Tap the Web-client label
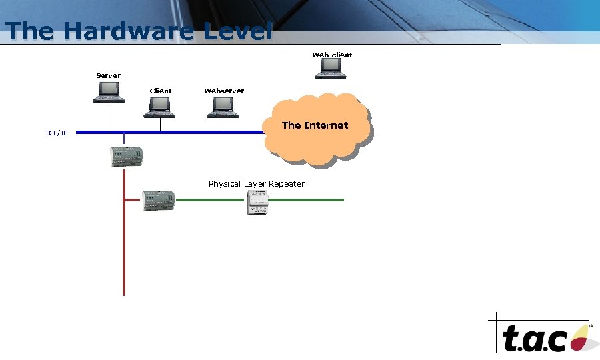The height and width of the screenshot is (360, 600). tap(332, 55)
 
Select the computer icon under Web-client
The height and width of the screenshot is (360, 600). tap(331, 67)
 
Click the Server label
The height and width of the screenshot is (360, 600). tap(109, 75)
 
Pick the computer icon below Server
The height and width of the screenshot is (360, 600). tap(108, 92)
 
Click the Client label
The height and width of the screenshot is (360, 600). tap(160, 91)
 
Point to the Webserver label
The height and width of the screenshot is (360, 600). tap(224, 91)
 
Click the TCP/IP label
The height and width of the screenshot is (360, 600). tap(56, 133)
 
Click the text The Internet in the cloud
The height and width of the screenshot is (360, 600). tap(315, 125)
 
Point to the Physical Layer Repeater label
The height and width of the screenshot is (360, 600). tap(257, 183)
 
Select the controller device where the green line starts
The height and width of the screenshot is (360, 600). tap(159, 200)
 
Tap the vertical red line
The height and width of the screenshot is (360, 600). tap(124, 253)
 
